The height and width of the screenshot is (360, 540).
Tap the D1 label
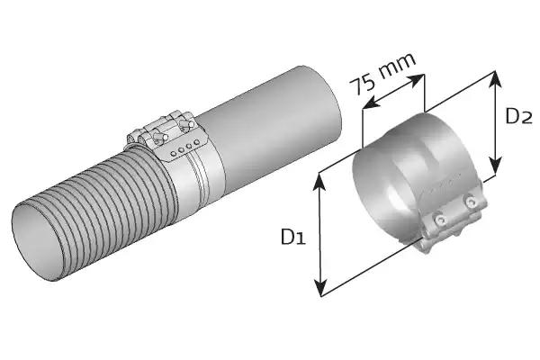pos(292,237)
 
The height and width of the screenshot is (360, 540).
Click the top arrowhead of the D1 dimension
pos(319,177)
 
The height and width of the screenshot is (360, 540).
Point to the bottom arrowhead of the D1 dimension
pos(319,292)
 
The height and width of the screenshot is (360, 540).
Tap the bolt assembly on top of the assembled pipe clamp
pos(162,130)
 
